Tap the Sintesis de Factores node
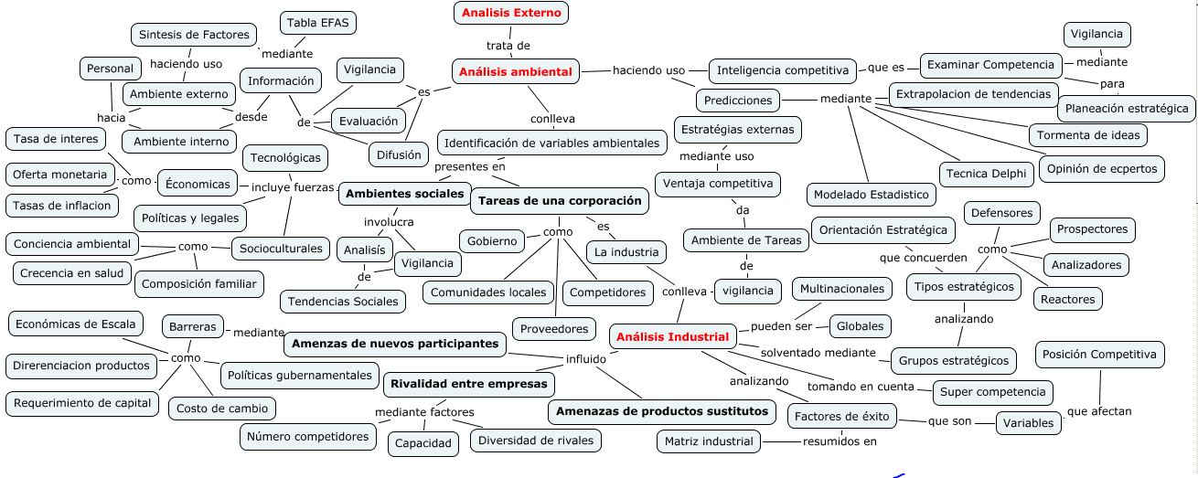[194, 35]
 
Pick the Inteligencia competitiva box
[783, 70]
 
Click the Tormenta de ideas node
[1087, 135]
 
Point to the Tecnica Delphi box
[987, 174]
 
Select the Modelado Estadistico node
[871, 195]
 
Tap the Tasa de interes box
[56, 139]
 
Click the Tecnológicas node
[285, 158]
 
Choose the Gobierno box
[492, 241]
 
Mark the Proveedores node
[554, 329]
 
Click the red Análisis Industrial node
[673, 337]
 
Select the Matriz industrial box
[710, 441]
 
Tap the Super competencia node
[991, 392]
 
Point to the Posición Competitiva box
[1099, 355]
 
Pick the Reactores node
[1066, 298]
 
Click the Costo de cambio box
[223, 409]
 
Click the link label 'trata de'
[508, 45]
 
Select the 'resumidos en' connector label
[840, 441]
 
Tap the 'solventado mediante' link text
[818, 352]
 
